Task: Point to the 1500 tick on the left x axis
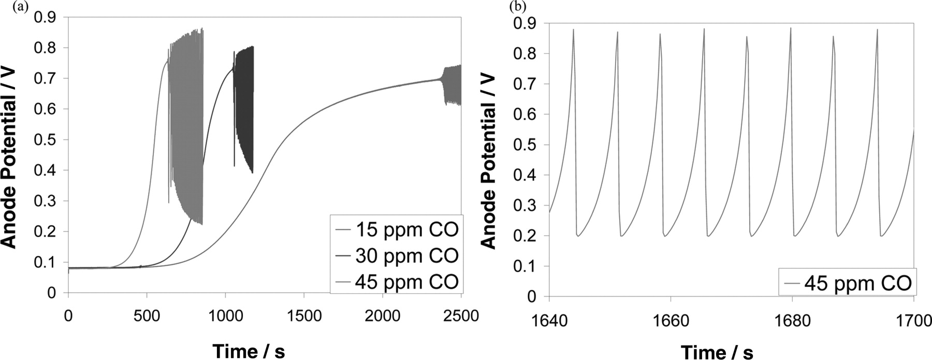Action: point(304,316)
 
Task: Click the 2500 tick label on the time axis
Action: point(461,316)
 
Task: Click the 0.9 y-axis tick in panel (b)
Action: point(525,23)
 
